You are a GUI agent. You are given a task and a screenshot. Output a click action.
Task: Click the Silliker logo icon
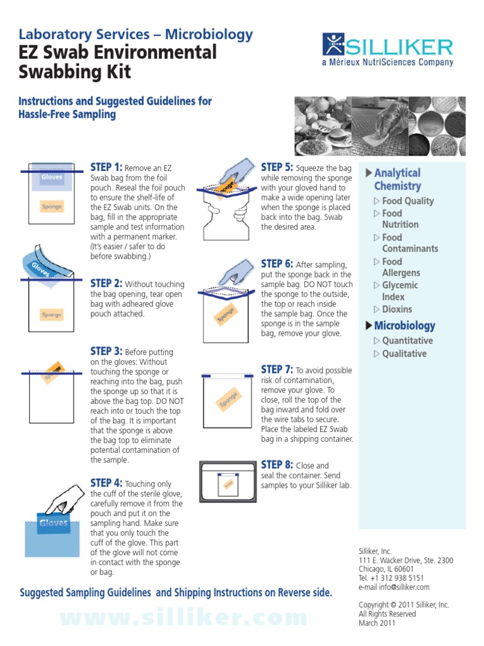tap(333, 45)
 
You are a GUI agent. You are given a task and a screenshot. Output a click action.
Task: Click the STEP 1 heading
tap(107, 167)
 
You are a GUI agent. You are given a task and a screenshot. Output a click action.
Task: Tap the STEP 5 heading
tap(277, 167)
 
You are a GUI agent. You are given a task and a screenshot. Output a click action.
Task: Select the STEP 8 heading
tap(277, 465)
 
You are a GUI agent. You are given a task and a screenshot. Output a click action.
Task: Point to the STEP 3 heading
tap(107, 351)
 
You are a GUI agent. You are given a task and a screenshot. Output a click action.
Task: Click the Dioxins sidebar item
tap(396, 309)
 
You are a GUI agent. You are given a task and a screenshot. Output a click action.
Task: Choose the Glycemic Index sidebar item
tap(399, 291)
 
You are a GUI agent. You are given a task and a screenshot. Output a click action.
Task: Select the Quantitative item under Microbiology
tap(407, 341)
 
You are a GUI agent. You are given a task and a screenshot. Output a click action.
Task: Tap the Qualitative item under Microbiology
tap(404, 354)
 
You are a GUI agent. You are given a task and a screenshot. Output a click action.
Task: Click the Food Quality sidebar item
tap(408, 201)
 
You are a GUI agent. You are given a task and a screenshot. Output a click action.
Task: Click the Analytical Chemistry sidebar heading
tap(397, 179)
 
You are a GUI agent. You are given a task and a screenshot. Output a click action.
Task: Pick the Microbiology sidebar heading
tap(404, 326)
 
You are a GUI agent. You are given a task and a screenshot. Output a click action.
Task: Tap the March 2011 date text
tap(377, 623)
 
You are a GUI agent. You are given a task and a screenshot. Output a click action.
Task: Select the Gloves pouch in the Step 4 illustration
tap(54, 523)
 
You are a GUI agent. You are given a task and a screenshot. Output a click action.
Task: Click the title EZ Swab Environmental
tap(118, 52)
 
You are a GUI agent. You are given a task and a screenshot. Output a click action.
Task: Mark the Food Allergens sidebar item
tap(401, 267)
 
